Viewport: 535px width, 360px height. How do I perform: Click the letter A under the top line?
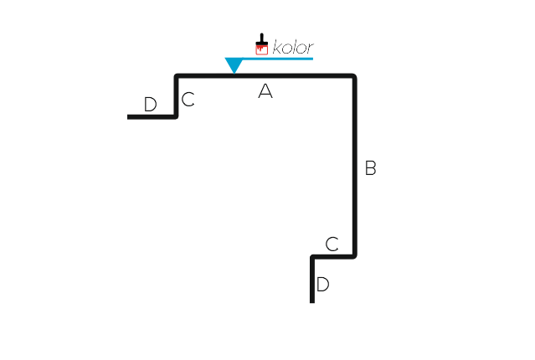tap(265, 91)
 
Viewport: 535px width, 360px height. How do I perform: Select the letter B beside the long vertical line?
tap(371, 168)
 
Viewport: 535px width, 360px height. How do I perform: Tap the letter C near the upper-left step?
tap(188, 100)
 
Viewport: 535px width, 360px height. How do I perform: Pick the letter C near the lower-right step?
tap(332, 244)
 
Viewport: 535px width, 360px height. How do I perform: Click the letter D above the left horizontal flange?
tap(151, 105)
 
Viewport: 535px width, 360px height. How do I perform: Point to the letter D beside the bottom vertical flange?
tap(323, 285)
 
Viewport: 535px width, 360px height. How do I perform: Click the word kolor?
tap(293, 48)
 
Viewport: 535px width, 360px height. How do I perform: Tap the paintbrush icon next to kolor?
tap(262, 44)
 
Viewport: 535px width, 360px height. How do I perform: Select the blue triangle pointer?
tap(234, 64)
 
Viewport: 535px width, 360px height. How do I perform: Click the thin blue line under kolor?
tap(278, 59)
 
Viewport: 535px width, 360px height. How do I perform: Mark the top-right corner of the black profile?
tap(355, 75)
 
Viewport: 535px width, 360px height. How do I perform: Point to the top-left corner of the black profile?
tap(177, 75)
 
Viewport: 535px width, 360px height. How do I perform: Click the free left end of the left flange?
tap(128, 117)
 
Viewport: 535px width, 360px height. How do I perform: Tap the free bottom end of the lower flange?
tap(312, 302)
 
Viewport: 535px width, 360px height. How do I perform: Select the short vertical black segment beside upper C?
tap(176, 96)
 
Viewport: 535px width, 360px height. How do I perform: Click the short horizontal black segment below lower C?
tap(333, 257)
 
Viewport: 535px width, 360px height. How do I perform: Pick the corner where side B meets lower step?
tap(355, 256)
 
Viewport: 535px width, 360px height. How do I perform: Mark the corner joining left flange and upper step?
tap(176, 116)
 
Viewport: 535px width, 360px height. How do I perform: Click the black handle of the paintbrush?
tap(262, 39)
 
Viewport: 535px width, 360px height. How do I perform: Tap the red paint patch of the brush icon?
tap(262, 50)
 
